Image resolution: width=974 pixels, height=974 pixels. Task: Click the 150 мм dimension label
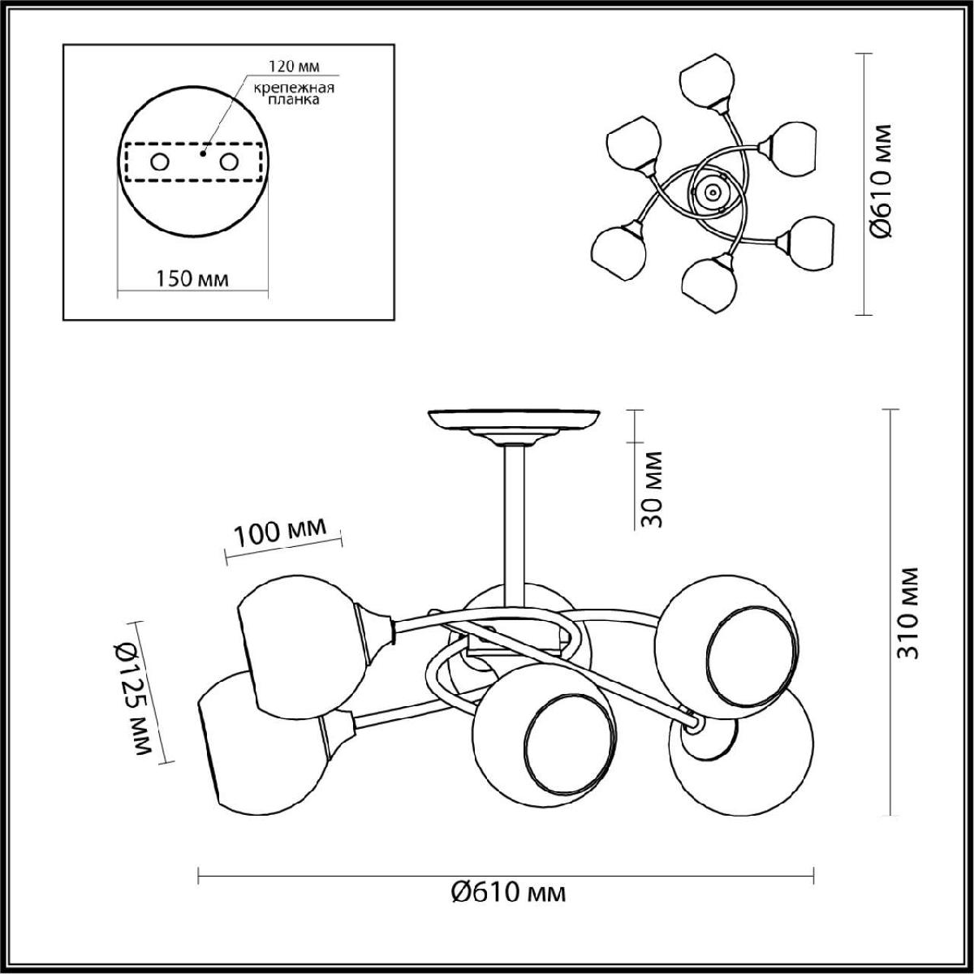click(192, 278)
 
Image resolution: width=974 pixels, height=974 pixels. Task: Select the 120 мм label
click(294, 66)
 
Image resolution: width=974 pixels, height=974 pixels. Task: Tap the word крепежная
click(294, 88)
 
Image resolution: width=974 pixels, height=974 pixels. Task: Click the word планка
click(294, 100)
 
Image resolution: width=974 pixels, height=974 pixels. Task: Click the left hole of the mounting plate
click(160, 162)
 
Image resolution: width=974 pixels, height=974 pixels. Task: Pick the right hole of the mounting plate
click(229, 162)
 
